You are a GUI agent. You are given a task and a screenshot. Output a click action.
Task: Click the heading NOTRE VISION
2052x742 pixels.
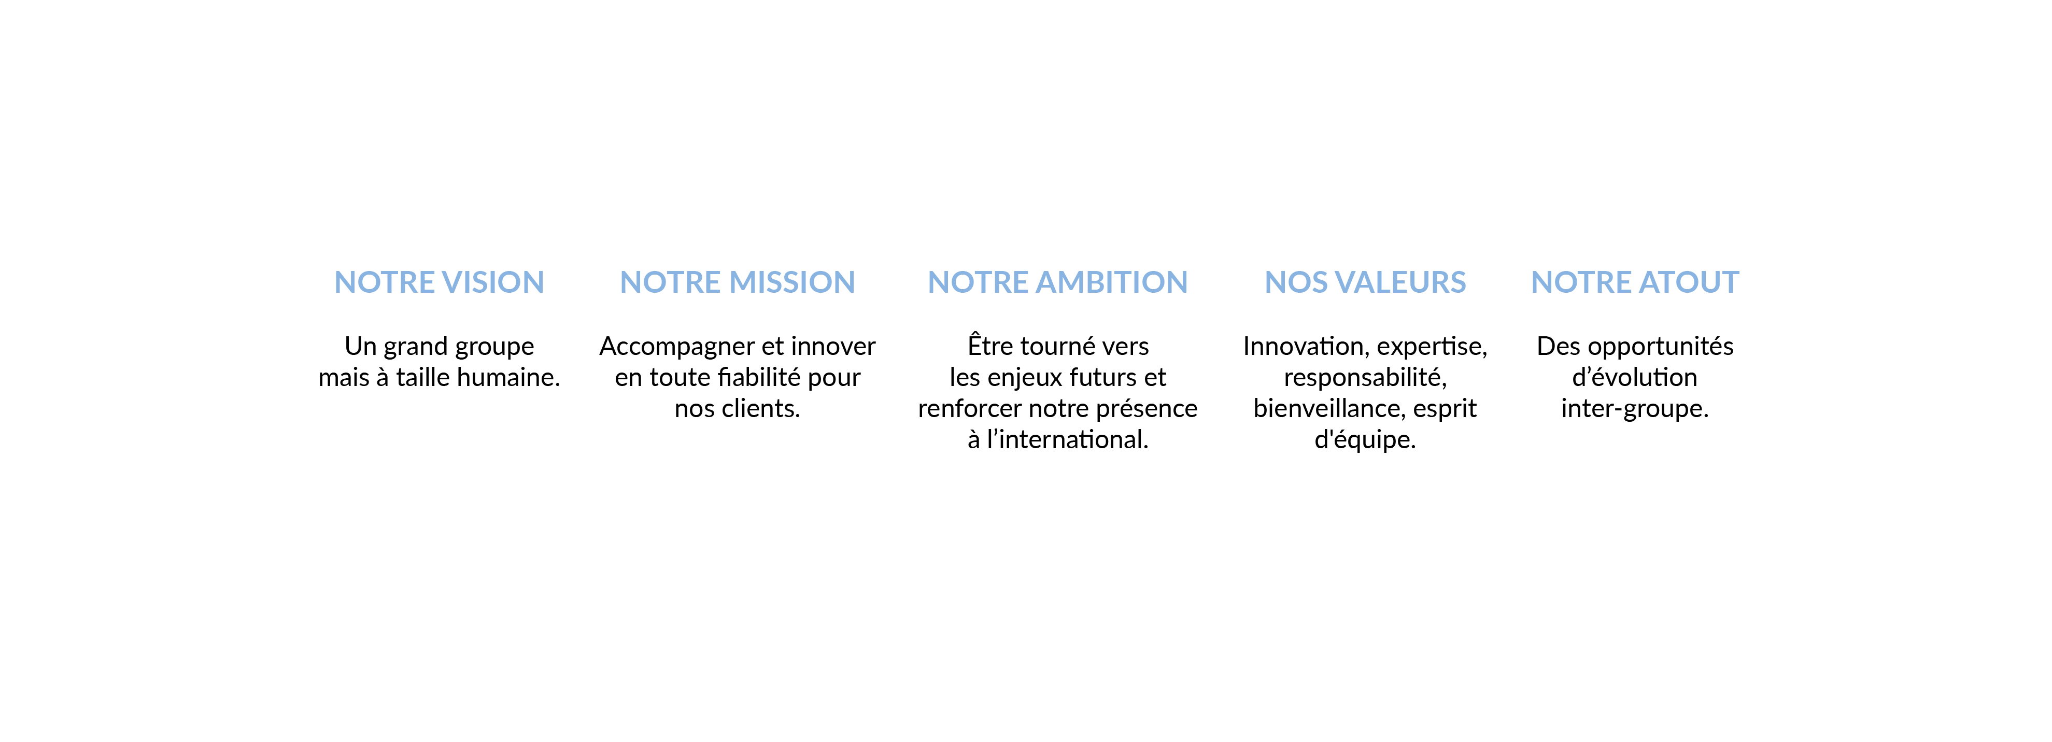tap(439, 282)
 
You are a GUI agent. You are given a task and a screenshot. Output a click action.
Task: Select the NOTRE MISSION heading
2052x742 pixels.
tap(737, 282)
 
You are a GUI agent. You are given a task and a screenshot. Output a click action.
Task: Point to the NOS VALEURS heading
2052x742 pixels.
tap(1365, 282)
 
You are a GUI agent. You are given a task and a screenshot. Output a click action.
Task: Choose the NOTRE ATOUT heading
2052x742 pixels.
tap(1635, 282)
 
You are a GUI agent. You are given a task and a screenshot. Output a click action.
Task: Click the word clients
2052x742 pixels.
tap(761, 408)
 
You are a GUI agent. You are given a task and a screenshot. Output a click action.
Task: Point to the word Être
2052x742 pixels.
tap(991, 345)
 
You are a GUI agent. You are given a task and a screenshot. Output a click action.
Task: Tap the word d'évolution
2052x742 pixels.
tap(1635, 377)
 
